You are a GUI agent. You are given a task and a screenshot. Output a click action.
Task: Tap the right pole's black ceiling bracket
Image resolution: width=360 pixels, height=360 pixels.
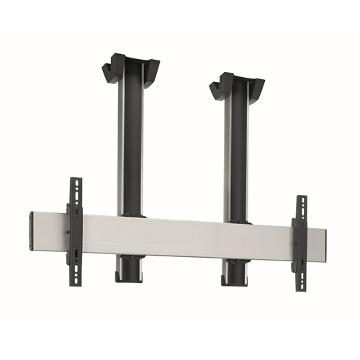click(238, 84)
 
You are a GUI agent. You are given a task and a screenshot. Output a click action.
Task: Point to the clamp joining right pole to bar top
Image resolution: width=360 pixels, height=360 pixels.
click(235, 222)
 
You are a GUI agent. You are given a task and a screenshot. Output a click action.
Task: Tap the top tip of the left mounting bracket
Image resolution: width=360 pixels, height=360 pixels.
click(73, 180)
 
